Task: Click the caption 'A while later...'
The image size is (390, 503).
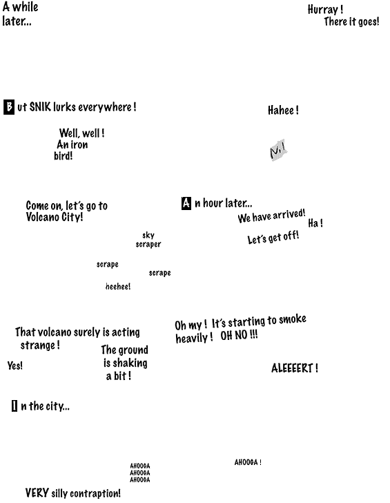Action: pos(20,14)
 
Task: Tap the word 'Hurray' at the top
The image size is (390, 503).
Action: pos(323,9)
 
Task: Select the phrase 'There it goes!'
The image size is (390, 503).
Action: pos(351,21)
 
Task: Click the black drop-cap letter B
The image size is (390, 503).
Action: pos(9,107)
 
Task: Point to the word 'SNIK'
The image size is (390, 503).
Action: pos(40,106)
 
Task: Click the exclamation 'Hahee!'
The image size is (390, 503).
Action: pos(283,110)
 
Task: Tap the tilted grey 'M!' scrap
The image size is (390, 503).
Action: pos(278,150)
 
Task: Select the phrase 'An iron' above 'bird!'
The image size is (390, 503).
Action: pos(72,144)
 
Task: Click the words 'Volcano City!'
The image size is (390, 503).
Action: pos(55,217)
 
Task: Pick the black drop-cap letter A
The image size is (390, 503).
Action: pos(186,203)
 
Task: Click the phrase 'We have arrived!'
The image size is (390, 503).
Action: pos(271,216)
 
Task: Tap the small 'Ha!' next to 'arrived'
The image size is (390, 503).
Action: pos(315,223)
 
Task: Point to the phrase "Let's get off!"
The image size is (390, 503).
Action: pos(273,238)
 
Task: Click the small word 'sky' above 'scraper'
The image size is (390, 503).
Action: pos(148,235)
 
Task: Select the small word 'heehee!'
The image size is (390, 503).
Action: pos(118,286)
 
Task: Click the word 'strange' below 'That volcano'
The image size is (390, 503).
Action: pos(38,345)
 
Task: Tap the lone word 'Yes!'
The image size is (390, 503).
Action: pos(15,366)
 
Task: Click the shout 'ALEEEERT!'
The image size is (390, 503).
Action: pos(295,368)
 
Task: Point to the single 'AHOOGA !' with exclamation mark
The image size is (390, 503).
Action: pos(248,462)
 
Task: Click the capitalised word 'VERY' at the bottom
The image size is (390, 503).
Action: pos(37,493)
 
